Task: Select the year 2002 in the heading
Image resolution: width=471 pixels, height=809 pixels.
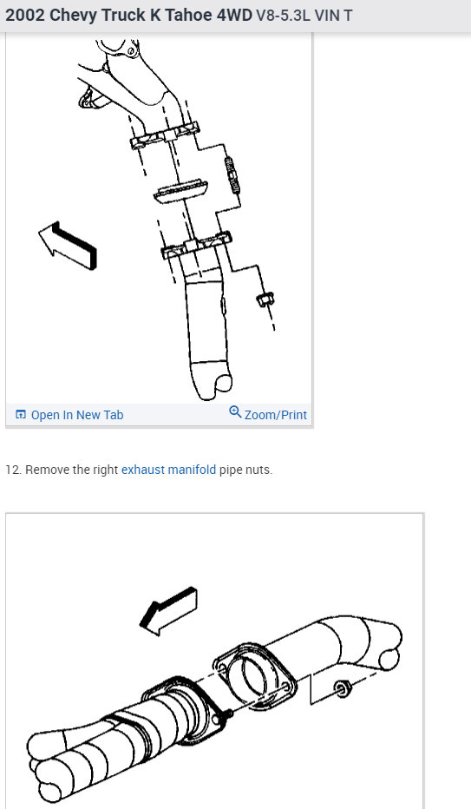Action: coord(26,16)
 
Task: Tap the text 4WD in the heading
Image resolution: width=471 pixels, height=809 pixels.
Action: coord(233,16)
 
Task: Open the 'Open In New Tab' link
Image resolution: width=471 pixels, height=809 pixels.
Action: coord(76,415)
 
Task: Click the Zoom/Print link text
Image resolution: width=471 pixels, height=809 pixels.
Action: coord(275,415)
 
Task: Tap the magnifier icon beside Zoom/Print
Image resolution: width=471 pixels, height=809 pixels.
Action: coord(235,412)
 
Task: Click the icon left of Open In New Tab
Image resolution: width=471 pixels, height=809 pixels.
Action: coord(21,415)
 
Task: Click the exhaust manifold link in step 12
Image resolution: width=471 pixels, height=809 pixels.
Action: coord(168,470)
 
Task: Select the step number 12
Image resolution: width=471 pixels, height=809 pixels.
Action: coord(13,470)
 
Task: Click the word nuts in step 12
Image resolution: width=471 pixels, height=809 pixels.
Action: coord(258,470)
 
